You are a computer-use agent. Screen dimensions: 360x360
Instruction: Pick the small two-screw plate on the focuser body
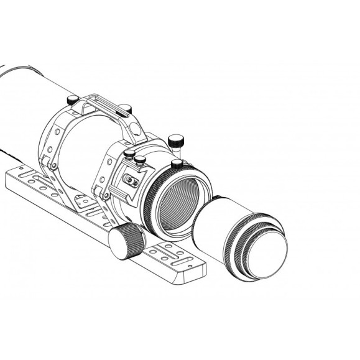(x=131, y=181)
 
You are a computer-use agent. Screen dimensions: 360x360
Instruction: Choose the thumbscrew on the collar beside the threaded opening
(x=177, y=164)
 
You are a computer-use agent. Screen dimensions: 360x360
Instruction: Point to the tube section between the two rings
(x=87, y=149)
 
